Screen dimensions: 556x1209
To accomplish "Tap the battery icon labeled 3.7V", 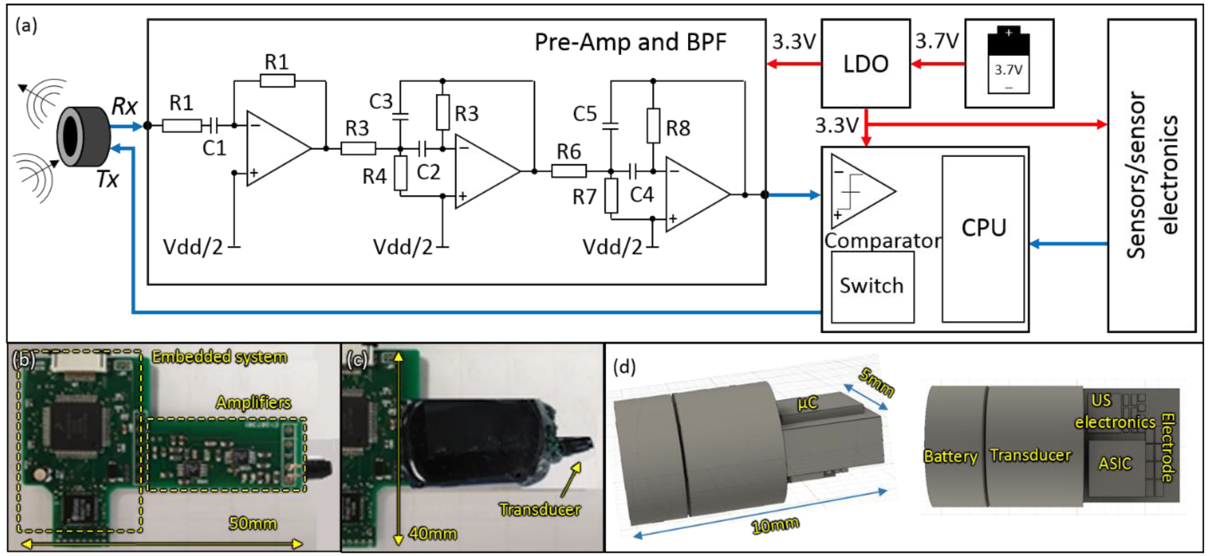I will click(1008, 61).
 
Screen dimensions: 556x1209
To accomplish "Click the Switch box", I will click(872, 286).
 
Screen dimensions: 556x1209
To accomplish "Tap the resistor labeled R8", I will click(653, 126).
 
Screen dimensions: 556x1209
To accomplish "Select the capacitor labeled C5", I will click(610, 126).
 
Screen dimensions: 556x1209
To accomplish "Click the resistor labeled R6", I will click(568, 171).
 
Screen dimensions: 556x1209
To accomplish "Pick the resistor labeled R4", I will click(400, 173).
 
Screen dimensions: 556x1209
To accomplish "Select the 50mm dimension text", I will click(253, 523).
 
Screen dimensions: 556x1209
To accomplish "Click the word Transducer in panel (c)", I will click(540, 509).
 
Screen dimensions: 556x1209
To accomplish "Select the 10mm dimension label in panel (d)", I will click(775, 526).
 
